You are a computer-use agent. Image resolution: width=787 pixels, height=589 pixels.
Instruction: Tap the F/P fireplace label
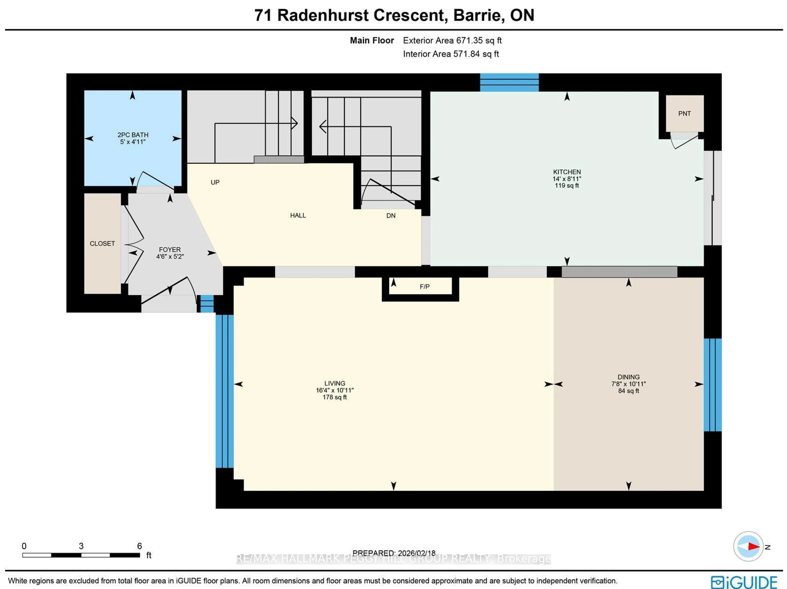tap(424, 287)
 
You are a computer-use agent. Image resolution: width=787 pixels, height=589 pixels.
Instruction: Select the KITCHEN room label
tap(567, 172)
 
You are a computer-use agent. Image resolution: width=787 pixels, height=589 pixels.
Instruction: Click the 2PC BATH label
tap(133, 135)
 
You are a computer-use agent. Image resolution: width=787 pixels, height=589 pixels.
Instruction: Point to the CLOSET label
tap(102, 244)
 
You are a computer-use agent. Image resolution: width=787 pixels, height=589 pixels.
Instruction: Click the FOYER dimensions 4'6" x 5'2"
tap(170, 256)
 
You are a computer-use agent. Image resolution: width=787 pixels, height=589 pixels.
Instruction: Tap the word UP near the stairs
tap(215, 183)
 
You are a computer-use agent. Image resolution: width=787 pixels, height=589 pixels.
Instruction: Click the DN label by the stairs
tap(391, 216)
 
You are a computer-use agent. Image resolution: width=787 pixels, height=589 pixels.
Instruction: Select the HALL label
tap(298, 215)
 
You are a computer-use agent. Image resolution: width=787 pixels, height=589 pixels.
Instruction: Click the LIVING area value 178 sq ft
tap(334, 397)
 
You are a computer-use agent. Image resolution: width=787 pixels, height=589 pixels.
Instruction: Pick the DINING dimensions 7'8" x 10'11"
tap(628, 384)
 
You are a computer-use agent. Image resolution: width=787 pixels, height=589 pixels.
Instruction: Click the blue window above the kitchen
tap(509, 83)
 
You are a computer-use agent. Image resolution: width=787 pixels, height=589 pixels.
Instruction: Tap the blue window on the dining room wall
tap(713, 385)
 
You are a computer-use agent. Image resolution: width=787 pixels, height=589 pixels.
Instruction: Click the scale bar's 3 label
tap(81, 546)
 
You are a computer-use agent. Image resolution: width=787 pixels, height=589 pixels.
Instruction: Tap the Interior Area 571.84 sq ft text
tap(450, 54)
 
